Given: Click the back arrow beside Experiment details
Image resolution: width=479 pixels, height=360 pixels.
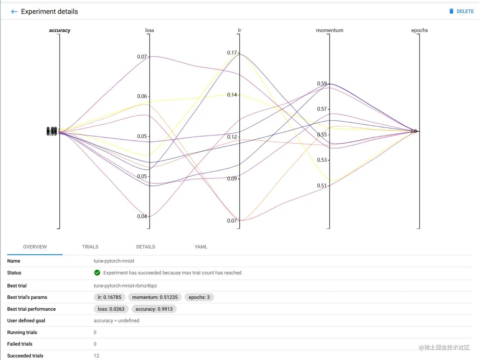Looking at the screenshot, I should [x=14, y=12].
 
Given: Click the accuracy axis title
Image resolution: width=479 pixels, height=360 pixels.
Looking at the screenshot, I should [x=60, y=30].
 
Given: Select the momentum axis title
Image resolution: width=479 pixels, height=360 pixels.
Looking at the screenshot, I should [x=329, y=30].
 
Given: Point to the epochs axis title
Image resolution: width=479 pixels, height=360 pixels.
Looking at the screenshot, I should [x=419, y=30].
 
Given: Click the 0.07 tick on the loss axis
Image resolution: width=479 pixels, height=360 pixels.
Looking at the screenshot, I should [x=142, y=57].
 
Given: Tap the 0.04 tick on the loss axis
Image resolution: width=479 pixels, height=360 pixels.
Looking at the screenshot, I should [x=142, y=217].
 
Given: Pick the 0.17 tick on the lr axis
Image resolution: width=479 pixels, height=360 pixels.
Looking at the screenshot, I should [x=232, y=53].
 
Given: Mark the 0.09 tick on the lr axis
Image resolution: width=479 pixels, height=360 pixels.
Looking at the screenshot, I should [x=232, y=179].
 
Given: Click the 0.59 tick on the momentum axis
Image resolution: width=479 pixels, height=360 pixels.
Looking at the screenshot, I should [x=322, y=84].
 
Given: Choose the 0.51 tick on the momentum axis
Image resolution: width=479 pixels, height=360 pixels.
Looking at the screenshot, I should [x=322, y=186].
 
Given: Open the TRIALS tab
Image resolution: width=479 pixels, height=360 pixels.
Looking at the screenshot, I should [x=90, y=247].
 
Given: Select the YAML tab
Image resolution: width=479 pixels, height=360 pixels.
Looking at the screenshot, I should [x=201, y=247].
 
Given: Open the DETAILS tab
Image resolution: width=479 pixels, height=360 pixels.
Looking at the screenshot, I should [x=145, y=247].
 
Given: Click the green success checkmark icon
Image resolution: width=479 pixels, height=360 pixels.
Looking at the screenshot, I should [x=97, y=273].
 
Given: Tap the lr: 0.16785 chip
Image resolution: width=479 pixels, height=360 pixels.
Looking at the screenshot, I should [x=110, y=297].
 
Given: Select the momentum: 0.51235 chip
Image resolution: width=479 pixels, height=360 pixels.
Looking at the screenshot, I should [x=155, y=297].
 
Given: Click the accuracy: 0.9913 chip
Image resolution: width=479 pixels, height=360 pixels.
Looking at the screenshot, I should [x=154, y=309].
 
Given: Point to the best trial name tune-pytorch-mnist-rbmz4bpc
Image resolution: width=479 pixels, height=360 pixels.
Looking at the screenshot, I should [x=125, y=286].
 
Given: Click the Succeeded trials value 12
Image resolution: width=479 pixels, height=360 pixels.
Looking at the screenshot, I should [x=96, y=356].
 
